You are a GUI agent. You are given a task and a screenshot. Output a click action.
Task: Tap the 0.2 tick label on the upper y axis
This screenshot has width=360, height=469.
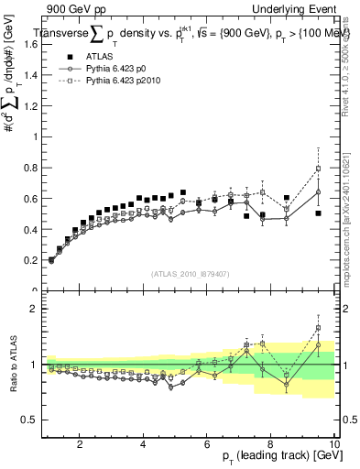[29, 260]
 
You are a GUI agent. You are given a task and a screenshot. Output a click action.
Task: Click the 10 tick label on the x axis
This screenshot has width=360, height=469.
[334, 444]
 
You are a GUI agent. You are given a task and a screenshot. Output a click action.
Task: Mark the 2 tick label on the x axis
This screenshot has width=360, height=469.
[80, 444]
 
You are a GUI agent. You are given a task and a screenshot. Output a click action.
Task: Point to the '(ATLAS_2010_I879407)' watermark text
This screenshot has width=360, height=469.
[190, 274]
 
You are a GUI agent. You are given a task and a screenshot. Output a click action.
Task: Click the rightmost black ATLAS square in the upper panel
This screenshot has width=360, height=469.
[318, 213]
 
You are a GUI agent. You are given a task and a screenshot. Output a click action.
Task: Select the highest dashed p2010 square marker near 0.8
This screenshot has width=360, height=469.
[318, 169]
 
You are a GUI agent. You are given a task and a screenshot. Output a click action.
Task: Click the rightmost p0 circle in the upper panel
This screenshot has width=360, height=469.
[318, 191]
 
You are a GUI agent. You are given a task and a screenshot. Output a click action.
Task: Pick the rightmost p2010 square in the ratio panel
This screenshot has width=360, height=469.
[318, 328]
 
